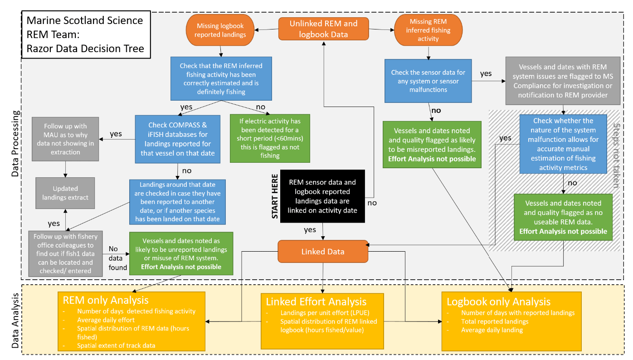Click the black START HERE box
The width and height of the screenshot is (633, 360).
322,196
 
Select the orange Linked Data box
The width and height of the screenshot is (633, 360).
322,252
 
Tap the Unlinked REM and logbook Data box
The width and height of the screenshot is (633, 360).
324,29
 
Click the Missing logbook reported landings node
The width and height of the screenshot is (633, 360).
219,30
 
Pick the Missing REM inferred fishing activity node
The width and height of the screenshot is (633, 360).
428,30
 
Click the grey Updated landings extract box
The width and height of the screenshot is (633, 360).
66,193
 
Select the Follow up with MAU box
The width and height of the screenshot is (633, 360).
66,139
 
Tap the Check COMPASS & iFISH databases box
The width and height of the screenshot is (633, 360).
177,139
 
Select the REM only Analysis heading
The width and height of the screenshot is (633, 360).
106,300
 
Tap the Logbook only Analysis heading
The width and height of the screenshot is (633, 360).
498,302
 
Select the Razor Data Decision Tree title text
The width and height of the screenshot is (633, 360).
85,48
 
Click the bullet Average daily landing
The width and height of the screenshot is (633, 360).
492,330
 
